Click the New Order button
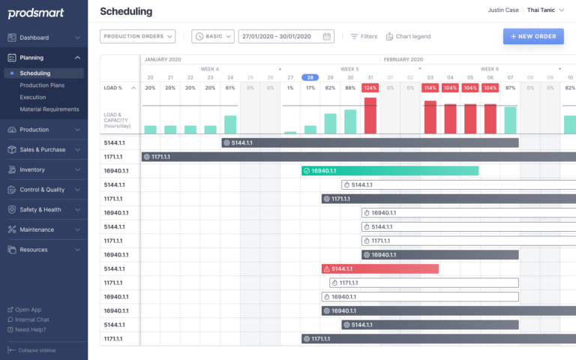[x=533, y=36]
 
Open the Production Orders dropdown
[x=138, y=36]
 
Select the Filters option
[x=364, y=36]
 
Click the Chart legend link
[x=408, y=36]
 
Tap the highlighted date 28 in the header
[x=309, y=77]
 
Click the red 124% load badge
[x=370, y=88]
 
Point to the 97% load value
[x=510, y=88]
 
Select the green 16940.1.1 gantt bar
[x=390, y=170]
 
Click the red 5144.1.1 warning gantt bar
[x=379, y=268]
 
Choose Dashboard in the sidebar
[x=34, y=37]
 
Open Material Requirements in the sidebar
[x=49, y=109]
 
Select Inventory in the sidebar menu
[x=32, y=169]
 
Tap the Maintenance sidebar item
[x=37, y=229]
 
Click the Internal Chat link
[x=31, y=319]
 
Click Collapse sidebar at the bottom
[x=33, y=350]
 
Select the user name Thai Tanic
[x=541, y=10]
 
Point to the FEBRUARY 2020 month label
[x=403, y=59]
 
